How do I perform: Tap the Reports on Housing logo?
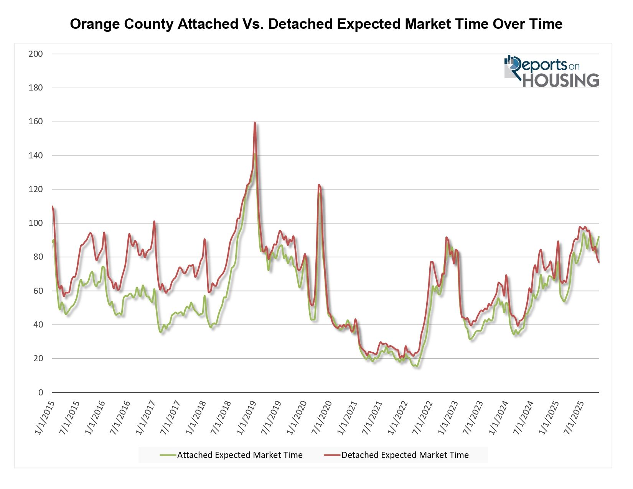[551, 71]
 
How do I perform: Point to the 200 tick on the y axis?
[36, 54]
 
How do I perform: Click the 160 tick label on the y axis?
[36, 122]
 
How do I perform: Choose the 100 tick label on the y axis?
[36, 223]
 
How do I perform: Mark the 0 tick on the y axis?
[41, 392]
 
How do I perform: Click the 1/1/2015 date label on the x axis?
[45, 418]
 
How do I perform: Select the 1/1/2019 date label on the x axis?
[246, 418]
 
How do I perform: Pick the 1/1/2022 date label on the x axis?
[397, 418]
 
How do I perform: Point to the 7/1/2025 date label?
[574, 418]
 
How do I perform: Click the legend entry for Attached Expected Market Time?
[231, 455]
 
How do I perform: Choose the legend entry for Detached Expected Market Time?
[396, 455]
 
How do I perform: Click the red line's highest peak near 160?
[255, 123]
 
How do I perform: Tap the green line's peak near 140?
[254, 154]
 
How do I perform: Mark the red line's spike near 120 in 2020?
[319, 185]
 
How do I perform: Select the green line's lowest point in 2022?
[417, 366]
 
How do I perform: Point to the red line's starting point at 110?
[53, 207]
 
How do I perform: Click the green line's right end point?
[598, 237]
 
